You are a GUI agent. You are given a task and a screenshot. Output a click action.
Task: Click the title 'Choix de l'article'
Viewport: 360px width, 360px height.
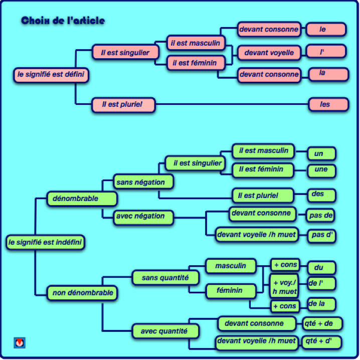click(63, 21)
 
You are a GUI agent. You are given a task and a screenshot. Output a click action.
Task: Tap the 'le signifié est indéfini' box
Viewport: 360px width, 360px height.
click(45, 243)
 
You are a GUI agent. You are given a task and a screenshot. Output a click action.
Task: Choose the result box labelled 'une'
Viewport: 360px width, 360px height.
click(321, 170)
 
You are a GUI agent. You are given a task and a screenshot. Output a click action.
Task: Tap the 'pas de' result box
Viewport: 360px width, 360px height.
click(321, 215)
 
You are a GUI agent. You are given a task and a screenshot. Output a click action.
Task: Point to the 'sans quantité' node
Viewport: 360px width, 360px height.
click(165, 277)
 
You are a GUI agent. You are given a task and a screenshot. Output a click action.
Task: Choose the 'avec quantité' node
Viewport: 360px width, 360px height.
click(165, 331)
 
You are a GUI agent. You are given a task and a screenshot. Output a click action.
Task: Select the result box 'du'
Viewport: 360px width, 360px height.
click(321, 267)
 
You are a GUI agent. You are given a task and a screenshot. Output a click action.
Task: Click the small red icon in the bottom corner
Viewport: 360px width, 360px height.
click(20, 343)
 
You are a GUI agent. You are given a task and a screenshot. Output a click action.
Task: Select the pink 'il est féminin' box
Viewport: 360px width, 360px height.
click(195, 63)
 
